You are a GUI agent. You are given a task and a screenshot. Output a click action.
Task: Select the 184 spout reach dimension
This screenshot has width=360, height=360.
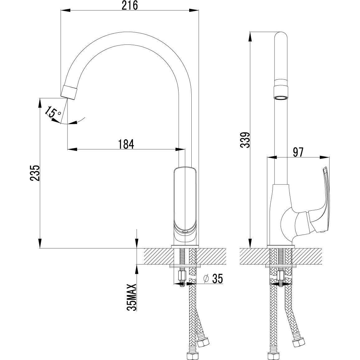(126, 144)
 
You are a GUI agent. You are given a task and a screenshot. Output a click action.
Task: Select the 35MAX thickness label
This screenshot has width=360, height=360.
(132, 297)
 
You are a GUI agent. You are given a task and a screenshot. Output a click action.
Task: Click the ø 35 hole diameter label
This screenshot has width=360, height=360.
(213, 279)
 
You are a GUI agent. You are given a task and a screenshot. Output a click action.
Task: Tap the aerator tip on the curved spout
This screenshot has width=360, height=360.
(69, 91)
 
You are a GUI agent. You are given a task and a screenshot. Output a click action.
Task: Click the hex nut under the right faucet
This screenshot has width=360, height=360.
(281, 276)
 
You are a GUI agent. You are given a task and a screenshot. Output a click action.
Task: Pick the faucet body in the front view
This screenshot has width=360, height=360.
(185, 205)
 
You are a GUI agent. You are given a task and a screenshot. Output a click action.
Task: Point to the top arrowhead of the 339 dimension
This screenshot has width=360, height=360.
(250, 36)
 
